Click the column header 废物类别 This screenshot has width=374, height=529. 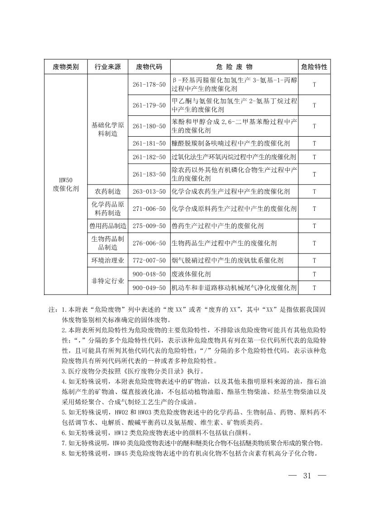point(66,67)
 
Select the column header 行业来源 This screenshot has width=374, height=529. point(107,67)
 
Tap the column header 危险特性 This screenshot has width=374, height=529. point(314,67)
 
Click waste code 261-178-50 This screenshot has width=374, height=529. point(149,85)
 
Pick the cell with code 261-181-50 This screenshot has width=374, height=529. point(149,143)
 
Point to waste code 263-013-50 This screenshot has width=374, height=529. point(149,191)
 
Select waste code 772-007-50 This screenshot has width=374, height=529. point(149,260)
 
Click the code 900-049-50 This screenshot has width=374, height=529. point(149,288)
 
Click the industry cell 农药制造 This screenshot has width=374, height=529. point(107,191)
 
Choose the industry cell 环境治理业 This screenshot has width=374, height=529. point(107,260)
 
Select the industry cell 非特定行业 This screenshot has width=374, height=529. point(107,281)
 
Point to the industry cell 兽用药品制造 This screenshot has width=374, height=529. point(107,226)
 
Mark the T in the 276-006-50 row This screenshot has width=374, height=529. point(314,243)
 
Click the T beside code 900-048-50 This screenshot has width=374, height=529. point(314,274)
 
